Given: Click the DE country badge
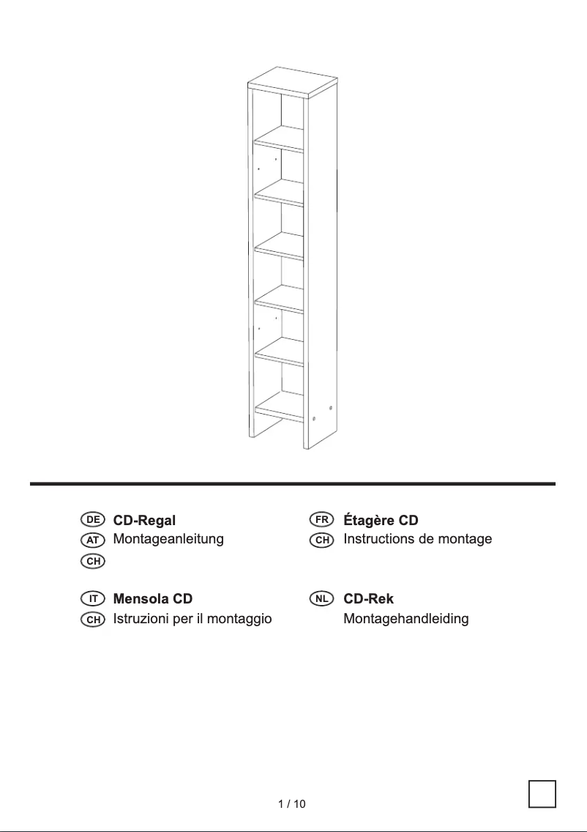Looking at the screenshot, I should pyautogui.click(x=93, y=520).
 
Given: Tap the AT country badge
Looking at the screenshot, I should pyautogui.click(x=93, y=540).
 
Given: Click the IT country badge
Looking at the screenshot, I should pyautogui.click(x=93, y=599).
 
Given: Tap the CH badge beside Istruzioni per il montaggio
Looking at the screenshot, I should pyautogui.click(x=93, y=620).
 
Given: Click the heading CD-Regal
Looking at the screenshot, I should pyautogui.click(x=144, y=521).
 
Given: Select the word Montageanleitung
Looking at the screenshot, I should pyautogui.click(x=168, y=539).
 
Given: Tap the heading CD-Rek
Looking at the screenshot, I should pyautogui.click(x=368, y=599).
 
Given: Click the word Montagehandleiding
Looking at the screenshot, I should pyautogui.click(x=406, y=619).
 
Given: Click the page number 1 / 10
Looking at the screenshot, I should pyautogui.click(x=292, y=804).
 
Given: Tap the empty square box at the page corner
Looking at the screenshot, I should pyautogui.click(x=542, y=794).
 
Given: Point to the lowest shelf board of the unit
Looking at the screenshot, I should pyautogui.click(x=279, y=406).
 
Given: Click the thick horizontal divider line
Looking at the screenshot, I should pyautogui.click(x=293, y=484).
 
